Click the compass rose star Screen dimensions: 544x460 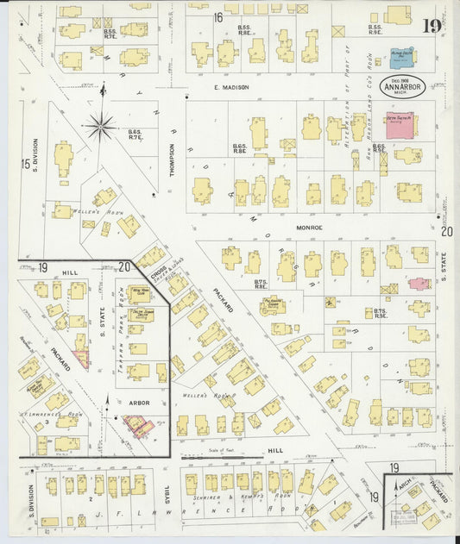pyautogui.click(x=102, y=128)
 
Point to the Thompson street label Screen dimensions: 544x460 pyautogui.click(x=172, y=160)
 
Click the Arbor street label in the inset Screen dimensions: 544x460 pyautogui.click(x=138, y=402)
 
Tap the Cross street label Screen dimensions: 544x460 pyautogui.click(x=158, y=272)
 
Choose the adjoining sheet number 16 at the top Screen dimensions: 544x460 pyautogui.click(x=218, y=17)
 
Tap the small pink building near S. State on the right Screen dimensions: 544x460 pyautogui.click(x=419, y=284)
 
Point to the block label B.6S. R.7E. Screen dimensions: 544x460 pyautogui.click(x=134, y=134)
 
